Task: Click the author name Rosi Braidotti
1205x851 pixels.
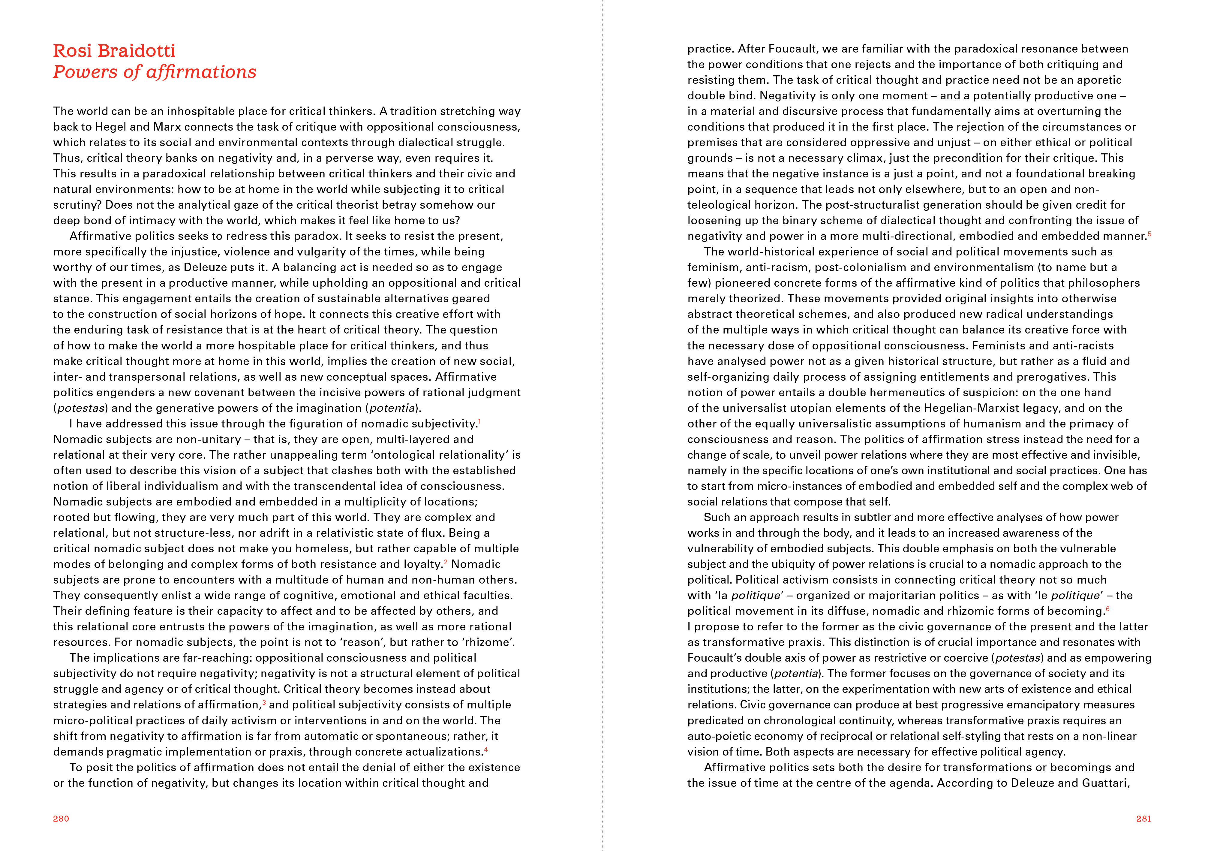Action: pos(114,51)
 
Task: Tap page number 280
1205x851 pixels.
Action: pos(61,819)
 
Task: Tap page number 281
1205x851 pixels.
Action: pos(1143,819)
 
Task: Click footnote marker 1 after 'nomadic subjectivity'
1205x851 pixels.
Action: pos(479,421)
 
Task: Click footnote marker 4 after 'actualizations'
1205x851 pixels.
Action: pos(486,749)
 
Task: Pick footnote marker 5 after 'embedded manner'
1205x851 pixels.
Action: pos(1149,234)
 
